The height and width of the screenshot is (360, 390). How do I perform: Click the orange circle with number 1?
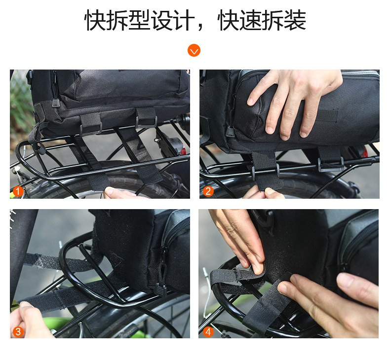18,191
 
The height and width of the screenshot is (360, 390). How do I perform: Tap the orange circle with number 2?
208,191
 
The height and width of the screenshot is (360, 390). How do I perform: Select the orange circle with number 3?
18,331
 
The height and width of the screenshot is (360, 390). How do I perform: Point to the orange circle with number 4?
208,331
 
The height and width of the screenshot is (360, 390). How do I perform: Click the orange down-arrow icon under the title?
194,50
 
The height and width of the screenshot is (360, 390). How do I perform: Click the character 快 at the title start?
95,20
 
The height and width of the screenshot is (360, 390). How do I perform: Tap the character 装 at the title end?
295,20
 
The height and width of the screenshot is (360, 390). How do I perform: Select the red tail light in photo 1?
184,150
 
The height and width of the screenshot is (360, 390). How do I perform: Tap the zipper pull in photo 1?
55,103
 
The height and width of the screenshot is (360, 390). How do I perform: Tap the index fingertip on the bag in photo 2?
251,101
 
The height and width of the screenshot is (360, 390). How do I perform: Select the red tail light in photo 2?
364,151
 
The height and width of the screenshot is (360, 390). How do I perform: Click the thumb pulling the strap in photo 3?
24,305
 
